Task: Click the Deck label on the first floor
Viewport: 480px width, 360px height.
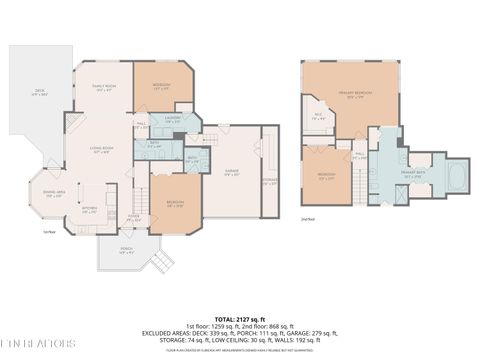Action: click(39, 93)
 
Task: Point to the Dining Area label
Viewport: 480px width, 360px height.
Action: click(53, 194)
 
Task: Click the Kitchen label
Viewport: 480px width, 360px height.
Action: click(89, 210)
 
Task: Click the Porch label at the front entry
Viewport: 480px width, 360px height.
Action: click(127, 251)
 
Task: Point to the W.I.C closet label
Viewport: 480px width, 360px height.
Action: click(318, 116)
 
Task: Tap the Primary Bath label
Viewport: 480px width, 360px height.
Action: click(414, 173)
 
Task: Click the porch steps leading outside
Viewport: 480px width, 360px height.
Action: click(157, 263)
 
